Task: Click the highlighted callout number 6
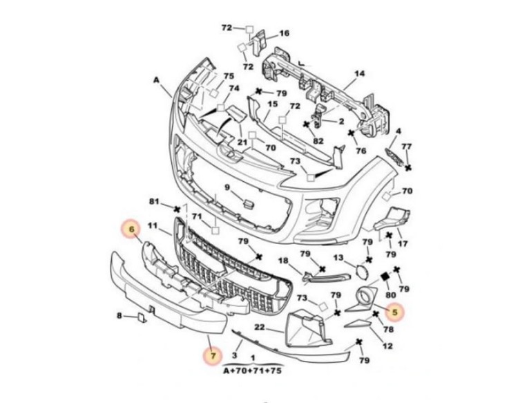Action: tap(132, 228)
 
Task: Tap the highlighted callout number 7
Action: tap(213, 356)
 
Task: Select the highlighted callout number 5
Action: tap(395, 312)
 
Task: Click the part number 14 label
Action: tap(359, 73)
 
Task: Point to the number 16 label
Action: tap(284, 33)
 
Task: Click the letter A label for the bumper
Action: tap(156, 80)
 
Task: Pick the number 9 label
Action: tap(227, 187)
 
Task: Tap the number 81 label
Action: tap(154, 201)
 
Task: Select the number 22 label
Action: tap(260, 327)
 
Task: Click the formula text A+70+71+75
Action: tap(253, 371)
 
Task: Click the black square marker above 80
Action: tap(385, 277)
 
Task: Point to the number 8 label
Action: tap(119, 316)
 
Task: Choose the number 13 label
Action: tap(338, 257)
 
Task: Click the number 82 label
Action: tap(318, 141)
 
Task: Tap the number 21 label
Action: tap(242, 142)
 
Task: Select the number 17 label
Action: tap(403, 244)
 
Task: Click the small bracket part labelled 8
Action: tap(143, 318)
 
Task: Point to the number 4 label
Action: tap(399, 131)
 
